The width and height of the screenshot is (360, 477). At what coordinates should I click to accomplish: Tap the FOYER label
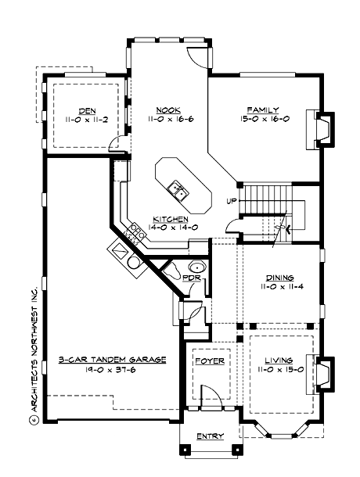click(209, 361)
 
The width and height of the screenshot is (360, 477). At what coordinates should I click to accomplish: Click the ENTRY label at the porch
click(210, 436)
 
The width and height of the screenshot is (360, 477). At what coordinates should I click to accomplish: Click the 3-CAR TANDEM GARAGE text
click(113, 360)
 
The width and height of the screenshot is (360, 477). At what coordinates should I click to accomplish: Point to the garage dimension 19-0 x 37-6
click(113, 371)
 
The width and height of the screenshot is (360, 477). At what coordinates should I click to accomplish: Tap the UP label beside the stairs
click(232, 201)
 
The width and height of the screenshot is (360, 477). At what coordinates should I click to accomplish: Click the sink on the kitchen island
click(178, 189)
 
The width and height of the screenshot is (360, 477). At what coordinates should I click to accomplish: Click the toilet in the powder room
click(197, 264)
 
